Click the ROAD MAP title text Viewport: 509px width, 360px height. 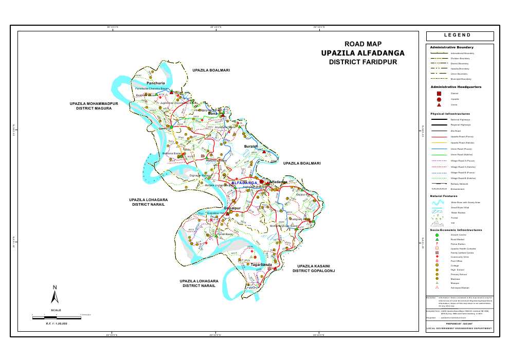coord(362,44)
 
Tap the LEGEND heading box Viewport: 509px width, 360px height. coord(460,35)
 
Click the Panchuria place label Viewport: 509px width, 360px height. coord(155,83)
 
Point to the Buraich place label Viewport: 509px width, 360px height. coord(251,147)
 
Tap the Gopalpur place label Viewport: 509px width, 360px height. coord(232,208)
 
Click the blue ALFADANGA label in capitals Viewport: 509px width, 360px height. coord(244,183)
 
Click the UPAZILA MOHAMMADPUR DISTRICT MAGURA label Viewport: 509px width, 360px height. coord(94,106)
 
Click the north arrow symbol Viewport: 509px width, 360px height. coord(55,295)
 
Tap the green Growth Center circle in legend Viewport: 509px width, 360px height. coord(437,235)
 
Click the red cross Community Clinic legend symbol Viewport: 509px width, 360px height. coord(437,257)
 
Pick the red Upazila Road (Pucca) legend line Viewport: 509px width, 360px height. coord(437,137)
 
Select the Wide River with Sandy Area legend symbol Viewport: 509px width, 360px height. coord(437,203)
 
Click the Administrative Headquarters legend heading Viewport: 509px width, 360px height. coord(456,87)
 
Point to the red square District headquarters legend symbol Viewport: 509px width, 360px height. coord(439,94)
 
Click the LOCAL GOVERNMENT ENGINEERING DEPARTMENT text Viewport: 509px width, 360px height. coord(459,328)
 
